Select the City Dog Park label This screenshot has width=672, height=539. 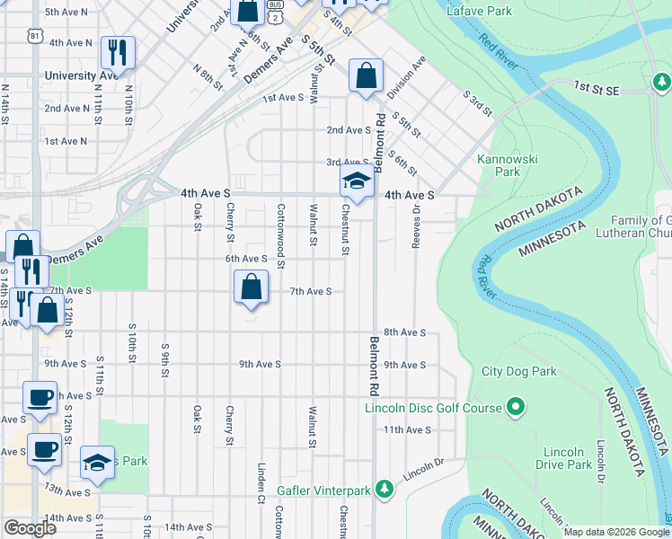point(518,371)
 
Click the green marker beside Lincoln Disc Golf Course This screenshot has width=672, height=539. point(515,409)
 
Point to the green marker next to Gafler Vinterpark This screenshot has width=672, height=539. point(385,490)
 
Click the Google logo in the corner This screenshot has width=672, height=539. point(29,528)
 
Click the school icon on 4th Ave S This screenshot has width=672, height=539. point(357,181)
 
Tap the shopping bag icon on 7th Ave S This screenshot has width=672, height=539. point(251,287)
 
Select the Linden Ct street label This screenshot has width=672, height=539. point(261,482)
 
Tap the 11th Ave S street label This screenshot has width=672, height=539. point(403,430)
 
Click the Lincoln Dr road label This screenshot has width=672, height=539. point(423,469)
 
